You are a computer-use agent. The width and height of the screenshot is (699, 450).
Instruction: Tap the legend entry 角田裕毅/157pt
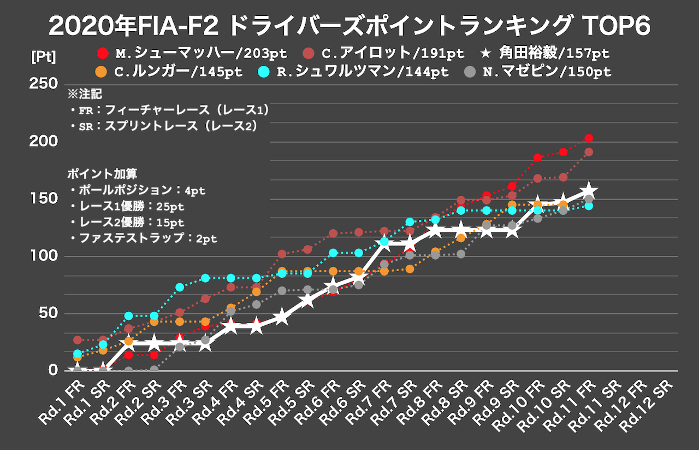(x=546, y=54)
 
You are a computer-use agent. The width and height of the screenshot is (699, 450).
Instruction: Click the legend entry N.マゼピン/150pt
(x=537, y=72)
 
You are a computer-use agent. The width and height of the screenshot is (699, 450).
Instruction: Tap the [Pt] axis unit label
(x=43, y=56)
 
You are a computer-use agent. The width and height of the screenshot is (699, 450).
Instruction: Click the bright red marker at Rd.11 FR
(x=588, y=138)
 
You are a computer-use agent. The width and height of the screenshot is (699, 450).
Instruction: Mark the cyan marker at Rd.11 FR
(x=588, y=206)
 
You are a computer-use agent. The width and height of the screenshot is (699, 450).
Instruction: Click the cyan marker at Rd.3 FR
(x=180, y=287)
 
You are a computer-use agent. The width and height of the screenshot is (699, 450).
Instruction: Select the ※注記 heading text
(x=85, y=94)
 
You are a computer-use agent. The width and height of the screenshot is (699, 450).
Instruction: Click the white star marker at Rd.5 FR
(x=282, y=317)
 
